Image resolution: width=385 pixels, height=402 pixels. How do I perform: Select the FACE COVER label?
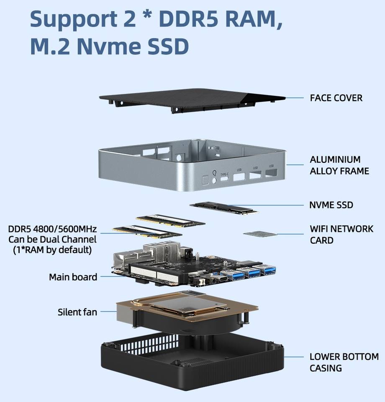(x=336, y=98)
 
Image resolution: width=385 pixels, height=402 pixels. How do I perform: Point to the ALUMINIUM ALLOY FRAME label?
(x=339, y=165)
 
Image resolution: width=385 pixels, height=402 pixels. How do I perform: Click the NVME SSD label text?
(x=331, y=205)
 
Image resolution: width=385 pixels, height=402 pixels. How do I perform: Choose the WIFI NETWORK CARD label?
(x=341, y=234)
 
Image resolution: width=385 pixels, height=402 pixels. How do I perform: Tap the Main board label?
(x=73, y=277)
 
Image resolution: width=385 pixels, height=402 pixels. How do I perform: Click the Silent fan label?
(x=77, y=312)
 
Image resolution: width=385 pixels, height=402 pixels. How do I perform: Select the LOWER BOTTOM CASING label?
(x=344, y=362)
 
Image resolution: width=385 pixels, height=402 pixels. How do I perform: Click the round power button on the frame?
(x=215, y=180)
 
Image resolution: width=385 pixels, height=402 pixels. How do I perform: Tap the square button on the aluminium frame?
(x=205, y=180)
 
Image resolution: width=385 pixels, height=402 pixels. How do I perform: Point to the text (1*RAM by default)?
(x=52, y=250)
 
